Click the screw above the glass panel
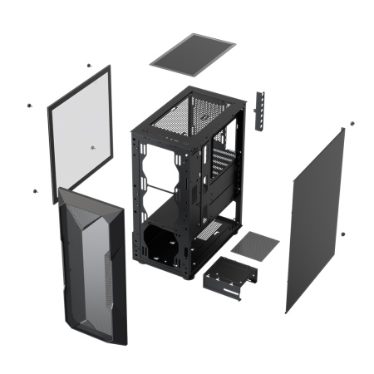[x=88, y=64]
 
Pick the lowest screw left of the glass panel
[x=34, y=190]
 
